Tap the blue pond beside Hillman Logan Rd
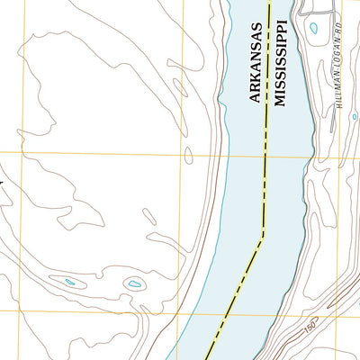tap(313, 28)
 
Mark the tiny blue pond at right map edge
tap(354, 117)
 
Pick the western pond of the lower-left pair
tap(69, 284)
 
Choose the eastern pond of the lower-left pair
tap(134, 285)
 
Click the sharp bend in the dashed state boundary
tap(262, 236)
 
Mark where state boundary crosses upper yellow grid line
tap(265, 155)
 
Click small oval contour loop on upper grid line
tap(188, 155)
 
